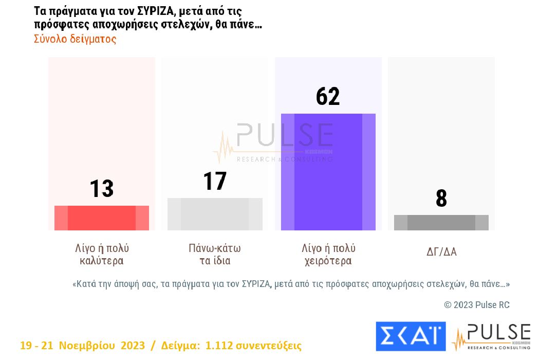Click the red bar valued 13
click(x=102, y=218)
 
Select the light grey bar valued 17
click(x=215, y=214)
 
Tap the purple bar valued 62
click(x=328, y=172)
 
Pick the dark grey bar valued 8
click(x=441, y=223)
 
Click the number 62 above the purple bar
click(x=328, y=96)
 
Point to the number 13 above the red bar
click(x=102, y=189)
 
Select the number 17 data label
click(x=215, y=181)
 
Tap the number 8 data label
click(x=441, y=199)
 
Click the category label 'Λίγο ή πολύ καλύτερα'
click(x=102, y=254)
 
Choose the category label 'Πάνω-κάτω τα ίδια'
click(x=215, y=254)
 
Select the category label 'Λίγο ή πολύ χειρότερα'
click(x=328, y=254)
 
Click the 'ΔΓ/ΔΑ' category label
click(x=441, y=252)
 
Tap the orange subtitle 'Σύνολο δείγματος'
click(x=75, y=39)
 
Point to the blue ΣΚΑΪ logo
click(x=411, y=336)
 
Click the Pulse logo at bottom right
click(x=491, y=337)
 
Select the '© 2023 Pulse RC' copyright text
click(x=476, y=305)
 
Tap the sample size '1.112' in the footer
click(x=219, y=346)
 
